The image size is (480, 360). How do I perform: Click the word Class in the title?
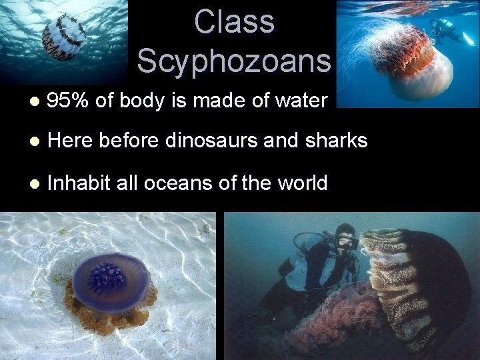pos(234,21)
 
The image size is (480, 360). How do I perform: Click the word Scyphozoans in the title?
pos(234,61)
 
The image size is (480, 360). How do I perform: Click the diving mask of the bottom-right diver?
pos(345,242)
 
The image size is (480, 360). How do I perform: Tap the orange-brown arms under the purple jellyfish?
pos(107,313)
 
